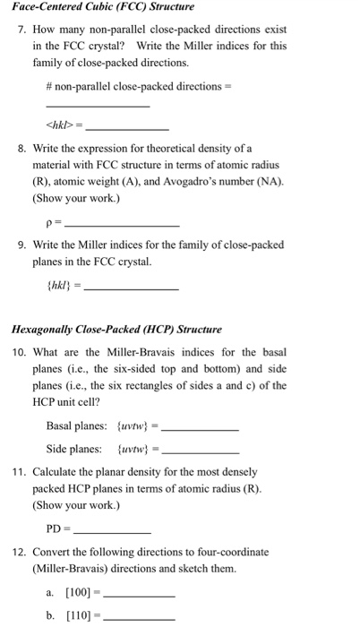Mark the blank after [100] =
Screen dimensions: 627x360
tap(141, 595)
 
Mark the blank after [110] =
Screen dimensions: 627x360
tap(141, 616)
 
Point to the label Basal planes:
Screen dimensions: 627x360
tap(77, 425)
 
